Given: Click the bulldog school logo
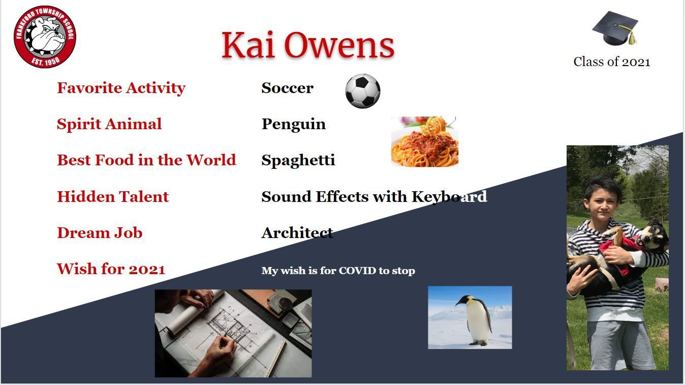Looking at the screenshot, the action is click(x=45, y=37).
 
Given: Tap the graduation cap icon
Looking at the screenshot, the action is click(x=615, y=28).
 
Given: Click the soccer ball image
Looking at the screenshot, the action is click(x=363, y=91).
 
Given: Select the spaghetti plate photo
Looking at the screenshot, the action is click(x=425, y=141).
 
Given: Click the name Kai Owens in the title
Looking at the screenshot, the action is click(x=308, y=45).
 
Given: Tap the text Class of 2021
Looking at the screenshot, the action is click(x=612, y=62).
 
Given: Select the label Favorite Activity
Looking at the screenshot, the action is click(x=121, y=88).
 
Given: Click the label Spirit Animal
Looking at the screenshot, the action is click(x=109, y=124).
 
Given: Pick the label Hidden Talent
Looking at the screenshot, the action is click(x=113, y=196).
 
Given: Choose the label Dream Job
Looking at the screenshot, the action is click(x=100, y=232).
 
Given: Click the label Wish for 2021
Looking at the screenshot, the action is click(x=111, y=269).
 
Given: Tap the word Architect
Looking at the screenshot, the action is click(x=297, y=233).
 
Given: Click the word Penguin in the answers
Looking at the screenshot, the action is click(x=294, y=125).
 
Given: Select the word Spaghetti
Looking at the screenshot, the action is click(x=298, y=161).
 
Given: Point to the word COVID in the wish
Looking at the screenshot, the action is click(x=357, y=271).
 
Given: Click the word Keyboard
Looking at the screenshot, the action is click(x=449, y=197).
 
